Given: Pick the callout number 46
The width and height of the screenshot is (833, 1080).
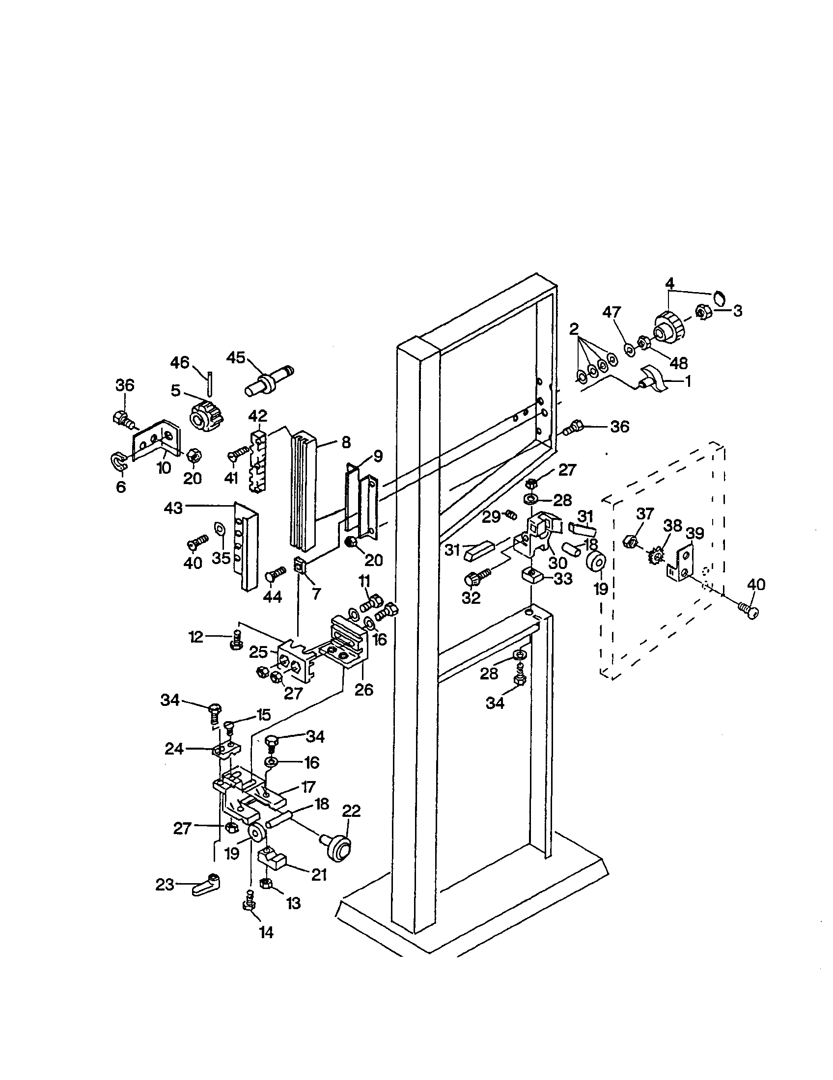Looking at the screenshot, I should pos(180,362).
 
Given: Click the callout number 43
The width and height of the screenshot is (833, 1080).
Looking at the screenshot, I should pos(173,508).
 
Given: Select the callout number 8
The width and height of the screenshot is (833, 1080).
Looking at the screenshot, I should pos(346,442).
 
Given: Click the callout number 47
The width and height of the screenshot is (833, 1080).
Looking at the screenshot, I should pos(611,313).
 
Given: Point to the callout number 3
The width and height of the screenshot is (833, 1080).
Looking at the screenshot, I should pos(738,311).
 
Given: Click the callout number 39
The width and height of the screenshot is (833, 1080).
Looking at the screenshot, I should pos(695,534).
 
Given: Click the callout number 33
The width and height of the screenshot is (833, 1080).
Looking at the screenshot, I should pos(563,578).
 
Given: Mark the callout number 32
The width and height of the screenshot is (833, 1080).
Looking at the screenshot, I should pos(471,598).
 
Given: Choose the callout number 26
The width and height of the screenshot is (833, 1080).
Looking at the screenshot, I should pos(364,689).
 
